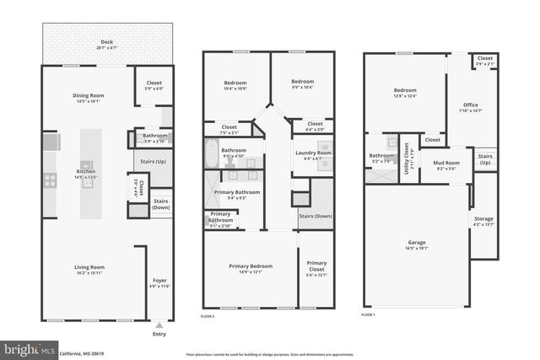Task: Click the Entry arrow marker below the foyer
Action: pos(159,324)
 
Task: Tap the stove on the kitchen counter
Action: pos(50,179)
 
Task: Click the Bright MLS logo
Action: pos(29,347)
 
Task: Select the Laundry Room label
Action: pos(312,153)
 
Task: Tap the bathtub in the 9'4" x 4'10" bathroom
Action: pos(211,154)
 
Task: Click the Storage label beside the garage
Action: pos(483,221)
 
